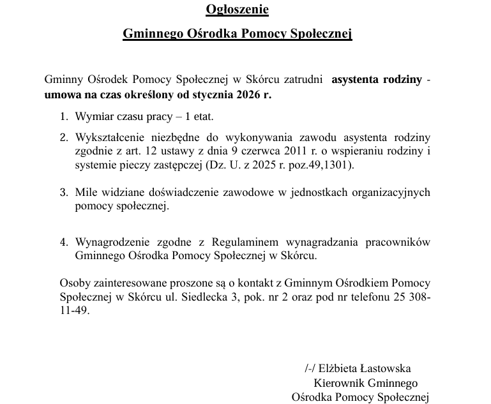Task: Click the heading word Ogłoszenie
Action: [x=237, y=10]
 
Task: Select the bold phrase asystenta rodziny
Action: [x=377, y=80]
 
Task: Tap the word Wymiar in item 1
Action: [x=93, y=117]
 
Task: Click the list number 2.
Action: [x=64, y=137]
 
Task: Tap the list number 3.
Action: [x=64, y=192]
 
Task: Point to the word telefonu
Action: [x=374, y=297]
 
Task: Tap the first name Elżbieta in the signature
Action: [x=340, y=368]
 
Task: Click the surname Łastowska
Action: [x=387, y=368]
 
